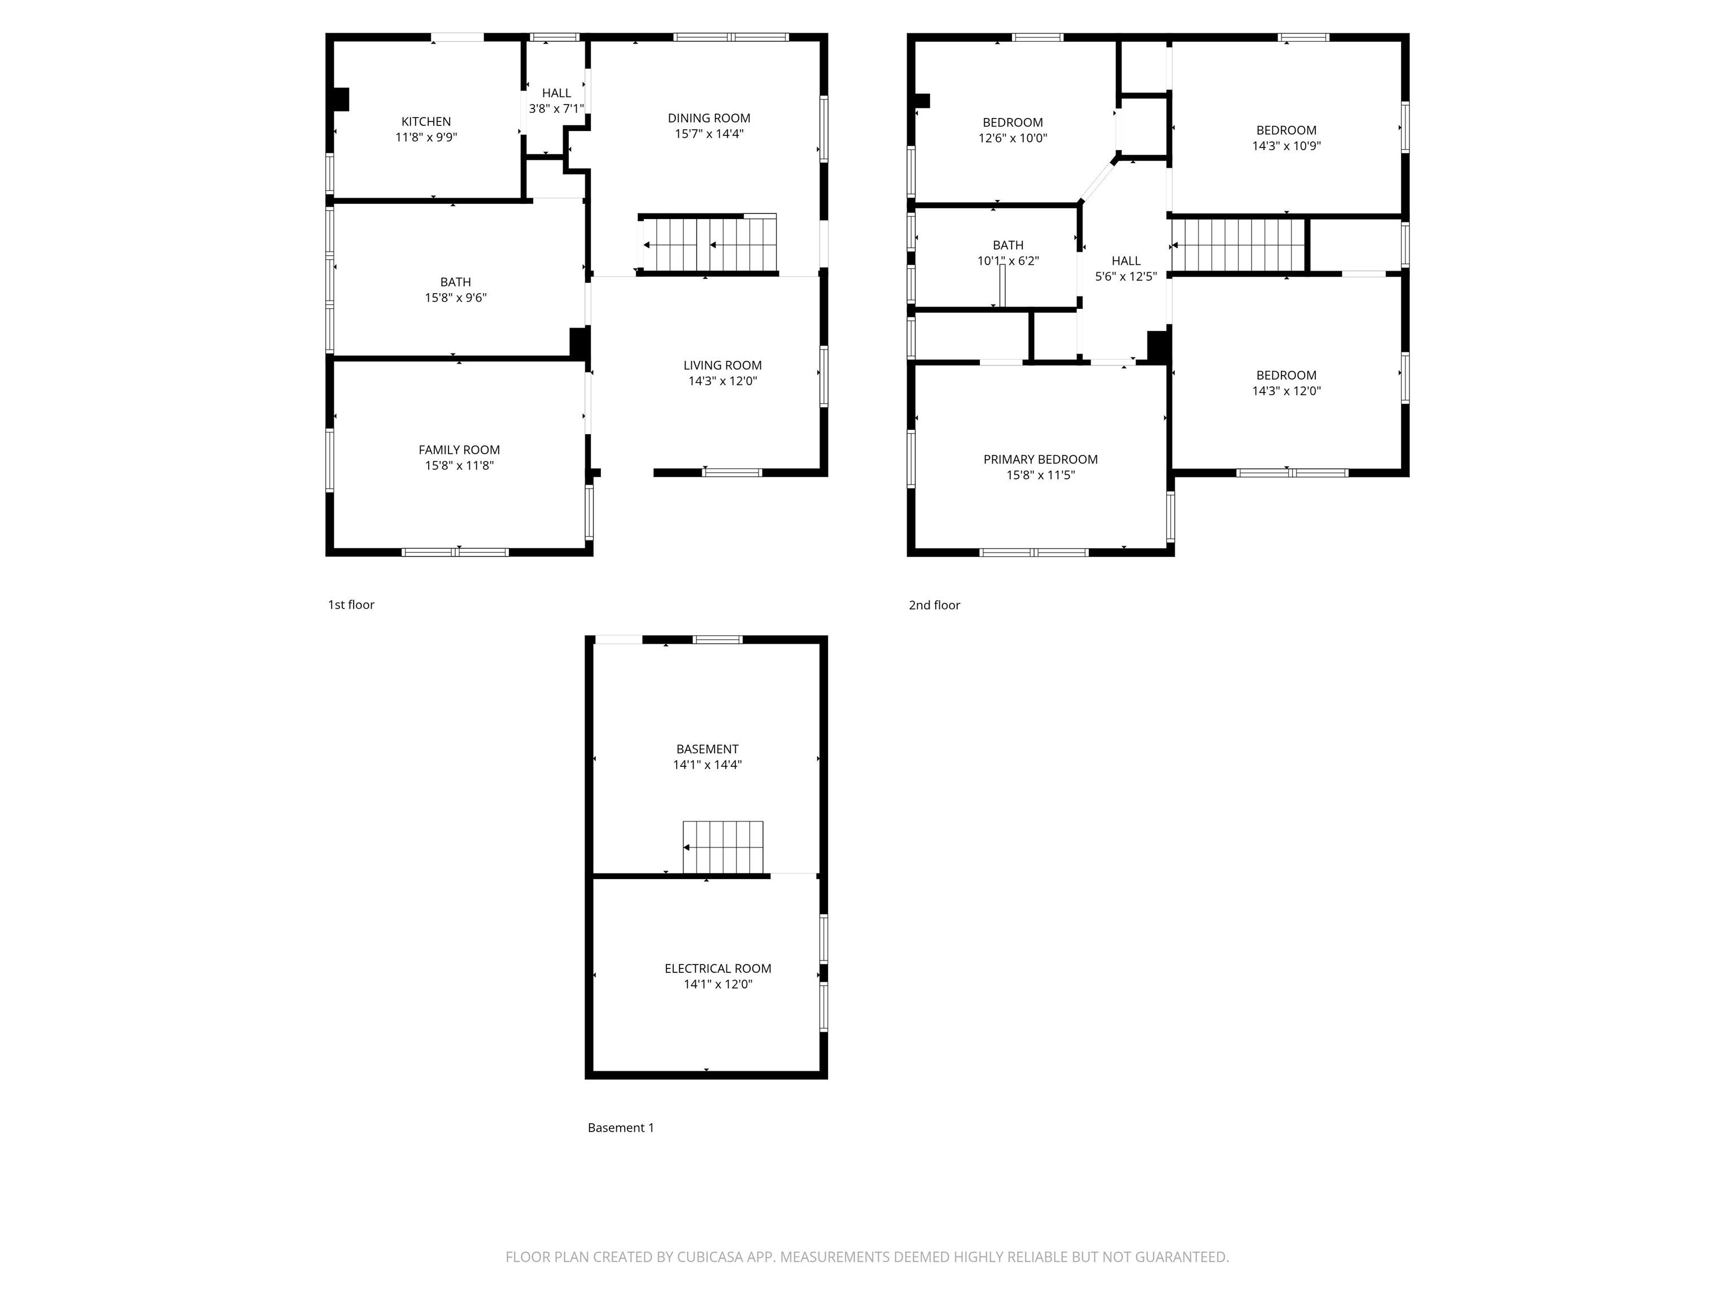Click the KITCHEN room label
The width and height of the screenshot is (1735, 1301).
426,121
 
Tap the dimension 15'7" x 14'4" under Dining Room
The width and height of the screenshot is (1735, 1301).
709,134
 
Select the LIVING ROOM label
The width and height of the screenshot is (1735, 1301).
722,365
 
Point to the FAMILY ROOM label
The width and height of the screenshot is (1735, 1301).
459,450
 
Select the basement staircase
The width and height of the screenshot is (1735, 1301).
722,847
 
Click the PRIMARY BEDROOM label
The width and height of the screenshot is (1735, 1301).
1040,460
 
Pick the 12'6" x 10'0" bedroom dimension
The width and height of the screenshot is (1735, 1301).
1013,138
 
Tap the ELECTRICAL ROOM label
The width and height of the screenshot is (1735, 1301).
718,968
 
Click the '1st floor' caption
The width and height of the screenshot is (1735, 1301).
351,605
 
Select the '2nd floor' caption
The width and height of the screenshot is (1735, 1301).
934,605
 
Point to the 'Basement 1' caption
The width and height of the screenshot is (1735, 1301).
621,1128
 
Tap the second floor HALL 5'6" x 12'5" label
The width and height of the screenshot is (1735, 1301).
1126,268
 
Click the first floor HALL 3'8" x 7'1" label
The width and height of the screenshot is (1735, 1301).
556,101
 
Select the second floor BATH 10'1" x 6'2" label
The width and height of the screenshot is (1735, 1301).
1008,252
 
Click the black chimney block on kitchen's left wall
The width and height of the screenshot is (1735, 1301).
341,99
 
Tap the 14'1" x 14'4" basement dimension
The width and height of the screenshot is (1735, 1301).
707,765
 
